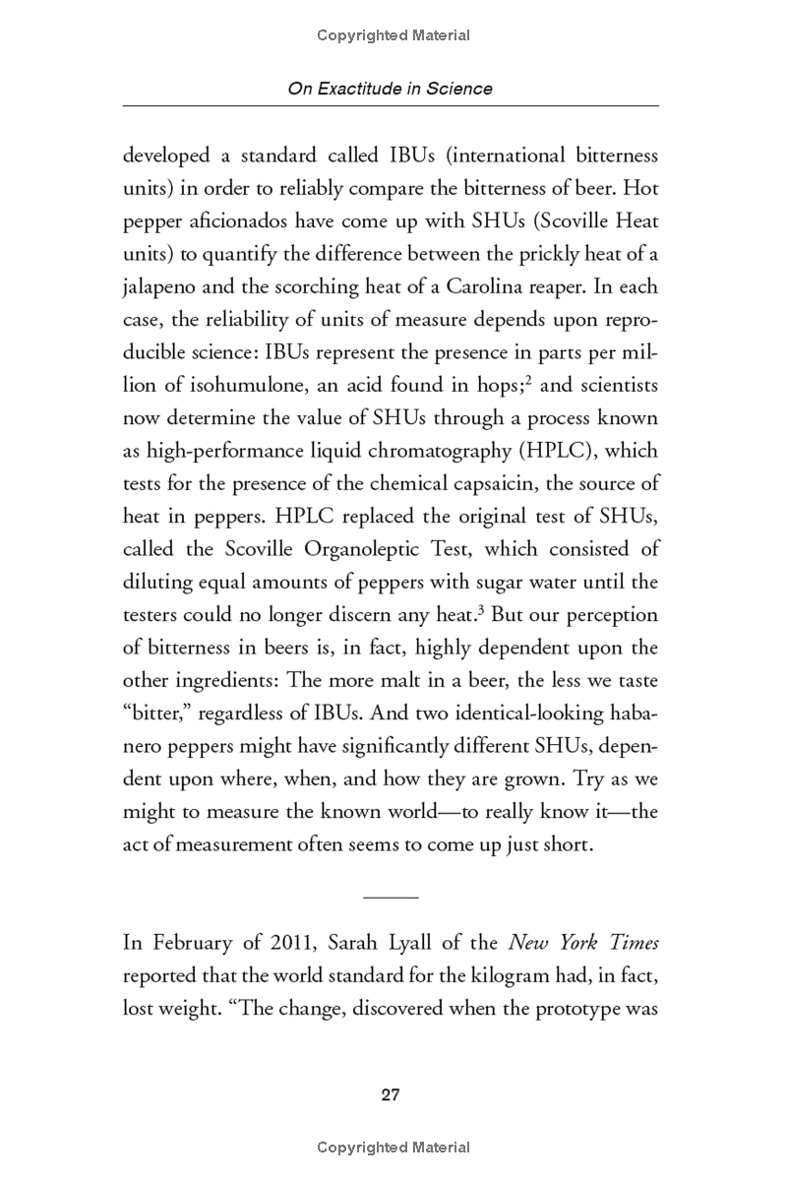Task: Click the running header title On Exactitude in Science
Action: [x=390, y=89]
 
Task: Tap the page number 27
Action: [x=391, y=1095]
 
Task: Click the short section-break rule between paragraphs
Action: [x=391, y=897]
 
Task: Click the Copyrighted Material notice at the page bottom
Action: [x=393, y=1148]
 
